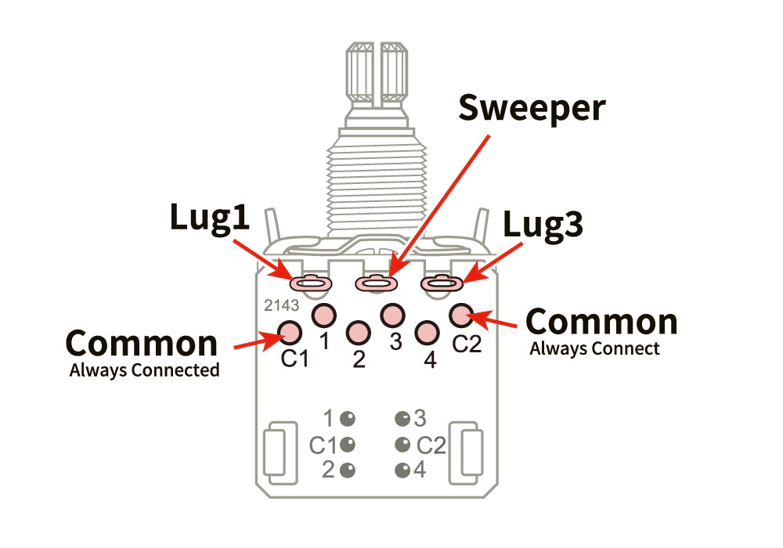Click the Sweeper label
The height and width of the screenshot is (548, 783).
532,108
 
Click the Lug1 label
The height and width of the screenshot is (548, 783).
210,218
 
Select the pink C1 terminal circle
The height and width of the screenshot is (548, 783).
290,333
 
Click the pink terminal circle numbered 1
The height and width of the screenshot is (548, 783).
323,315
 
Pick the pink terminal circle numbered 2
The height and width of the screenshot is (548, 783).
358,333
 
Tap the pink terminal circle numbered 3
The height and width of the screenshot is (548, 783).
391,315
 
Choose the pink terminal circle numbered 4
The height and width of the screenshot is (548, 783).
426,333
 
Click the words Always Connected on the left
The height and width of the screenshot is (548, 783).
144,370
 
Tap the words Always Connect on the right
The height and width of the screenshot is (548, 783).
595,348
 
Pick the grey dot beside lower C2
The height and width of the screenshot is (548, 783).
402,445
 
